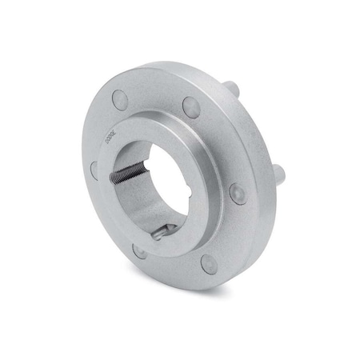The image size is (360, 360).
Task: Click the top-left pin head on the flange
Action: [x=120, y=99]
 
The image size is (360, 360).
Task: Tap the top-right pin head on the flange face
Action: [x=191, y=107]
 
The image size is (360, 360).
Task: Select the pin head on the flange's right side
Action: [x=238, y=193]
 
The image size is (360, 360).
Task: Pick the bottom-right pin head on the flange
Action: [x=210, y=263]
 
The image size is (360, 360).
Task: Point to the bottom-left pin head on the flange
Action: [x=139, y=250]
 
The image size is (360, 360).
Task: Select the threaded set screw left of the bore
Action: [x=126, y=174]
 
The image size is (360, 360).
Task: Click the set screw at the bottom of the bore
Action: [x=164, y=232]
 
